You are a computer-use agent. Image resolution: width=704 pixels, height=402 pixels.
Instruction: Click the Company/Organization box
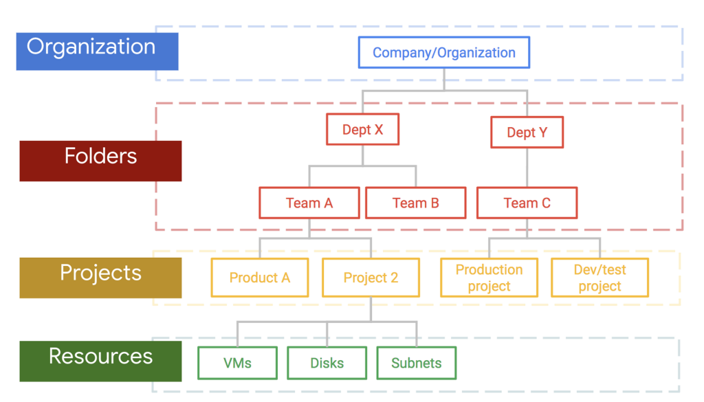point(444,53)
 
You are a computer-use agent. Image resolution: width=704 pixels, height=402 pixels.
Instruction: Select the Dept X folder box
point(362,129)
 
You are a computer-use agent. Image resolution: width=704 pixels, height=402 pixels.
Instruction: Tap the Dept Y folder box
point(527,132)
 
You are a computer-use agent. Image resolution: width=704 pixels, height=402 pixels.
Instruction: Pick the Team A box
point(309,203)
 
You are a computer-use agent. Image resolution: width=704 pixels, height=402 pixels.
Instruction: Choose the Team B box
point(415,203)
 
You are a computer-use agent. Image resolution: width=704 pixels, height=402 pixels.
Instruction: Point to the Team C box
point(527,203)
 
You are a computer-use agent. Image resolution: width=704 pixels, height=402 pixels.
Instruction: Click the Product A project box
point(259,278)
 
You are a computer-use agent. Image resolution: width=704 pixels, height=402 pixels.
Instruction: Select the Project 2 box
point(371,278)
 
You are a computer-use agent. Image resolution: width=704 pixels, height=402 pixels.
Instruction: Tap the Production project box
point(489,278)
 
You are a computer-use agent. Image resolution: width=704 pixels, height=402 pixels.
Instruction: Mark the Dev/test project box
point(599,278)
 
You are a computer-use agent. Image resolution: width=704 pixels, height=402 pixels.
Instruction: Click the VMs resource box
point(237,363)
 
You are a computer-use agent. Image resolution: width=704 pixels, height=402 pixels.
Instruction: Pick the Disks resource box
point(327,363)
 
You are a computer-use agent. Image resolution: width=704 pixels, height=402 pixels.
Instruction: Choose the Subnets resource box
point(416,363)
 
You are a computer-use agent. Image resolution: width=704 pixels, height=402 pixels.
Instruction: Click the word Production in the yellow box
point(489,269)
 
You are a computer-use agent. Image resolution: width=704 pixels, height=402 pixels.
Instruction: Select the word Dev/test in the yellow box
point(599,269)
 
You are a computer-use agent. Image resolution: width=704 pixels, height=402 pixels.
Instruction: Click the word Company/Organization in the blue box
point(444,53)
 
